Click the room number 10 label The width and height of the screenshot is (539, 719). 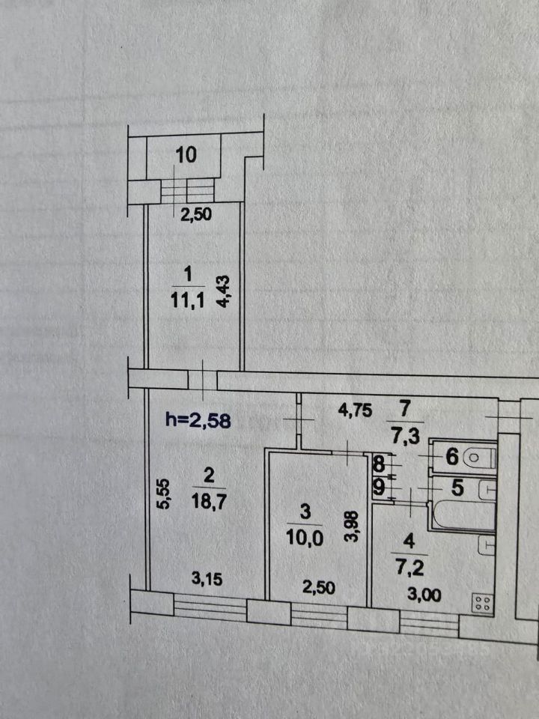point(186,156)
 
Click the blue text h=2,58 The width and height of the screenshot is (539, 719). point(198,421)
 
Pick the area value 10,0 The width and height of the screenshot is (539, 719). point(305,539)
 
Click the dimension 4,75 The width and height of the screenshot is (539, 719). point(356,411)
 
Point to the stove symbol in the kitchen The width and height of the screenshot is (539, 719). point(482,603)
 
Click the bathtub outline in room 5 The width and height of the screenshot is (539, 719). point(457,517)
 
